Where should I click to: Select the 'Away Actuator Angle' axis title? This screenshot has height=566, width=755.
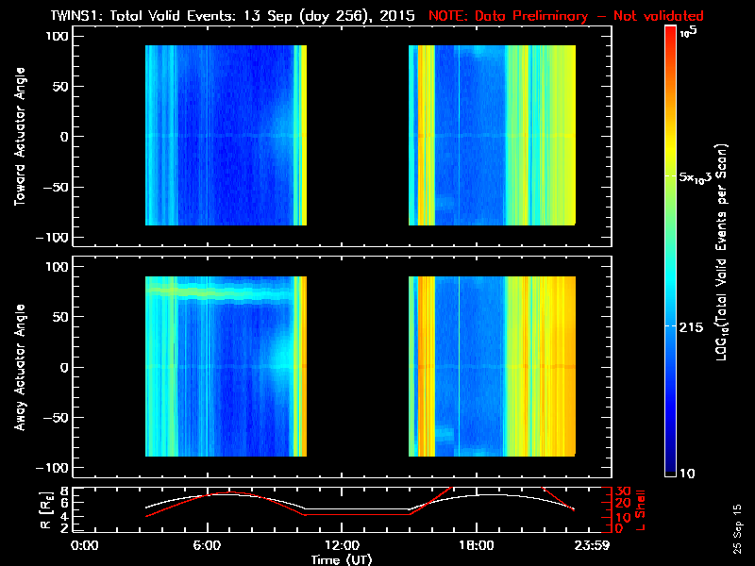tap(18, 367)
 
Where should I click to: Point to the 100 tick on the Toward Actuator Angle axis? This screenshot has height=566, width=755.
tap(59, 36)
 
